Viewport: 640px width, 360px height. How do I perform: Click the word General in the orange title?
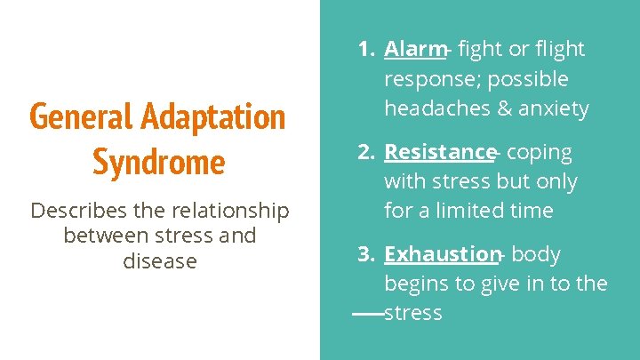81,116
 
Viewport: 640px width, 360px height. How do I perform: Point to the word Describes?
79,210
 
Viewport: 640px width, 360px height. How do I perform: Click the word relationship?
230,212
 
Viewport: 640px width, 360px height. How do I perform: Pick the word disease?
160,260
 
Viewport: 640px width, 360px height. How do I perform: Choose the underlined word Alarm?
415,49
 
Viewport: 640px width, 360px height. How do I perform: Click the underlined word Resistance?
440,152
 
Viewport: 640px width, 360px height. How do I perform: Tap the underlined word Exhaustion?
443,254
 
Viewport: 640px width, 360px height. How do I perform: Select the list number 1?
366,49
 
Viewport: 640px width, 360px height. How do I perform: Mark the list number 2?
366,152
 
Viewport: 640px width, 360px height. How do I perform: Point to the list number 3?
366,254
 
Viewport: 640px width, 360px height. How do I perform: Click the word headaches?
437,108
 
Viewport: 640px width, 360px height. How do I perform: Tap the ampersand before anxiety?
504,108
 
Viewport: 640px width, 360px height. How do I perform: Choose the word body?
536,255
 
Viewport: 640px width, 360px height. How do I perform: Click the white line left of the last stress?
368,314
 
